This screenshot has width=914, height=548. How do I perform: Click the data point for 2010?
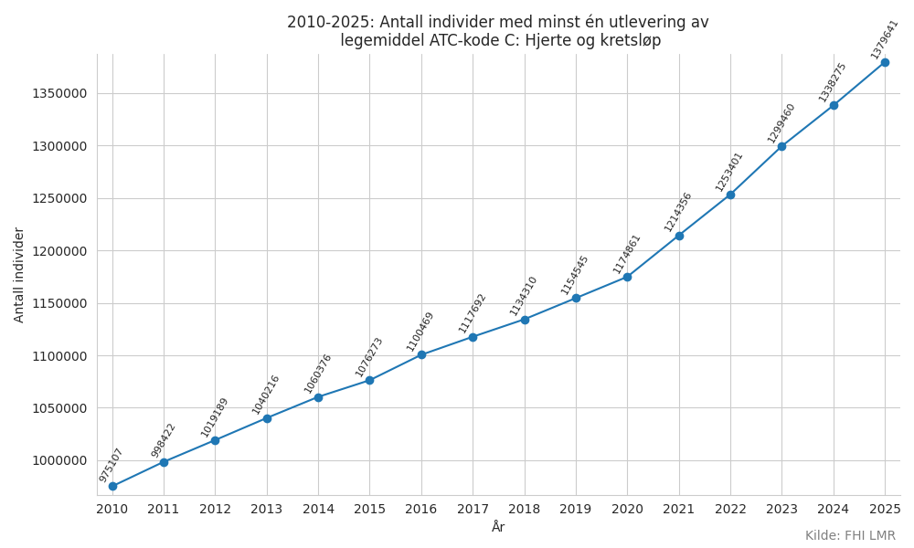pos(112,486)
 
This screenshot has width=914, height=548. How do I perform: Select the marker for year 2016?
pos(421,354)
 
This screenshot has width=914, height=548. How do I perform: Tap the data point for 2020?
pos(627,278)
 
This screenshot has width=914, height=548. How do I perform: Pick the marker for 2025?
pos(885,62)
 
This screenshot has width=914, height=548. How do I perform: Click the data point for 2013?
pos(267,418)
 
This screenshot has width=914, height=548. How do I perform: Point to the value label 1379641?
pos(884,39)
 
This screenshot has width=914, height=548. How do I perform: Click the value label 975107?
pos(111,465)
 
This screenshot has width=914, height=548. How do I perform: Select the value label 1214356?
pos(677,213)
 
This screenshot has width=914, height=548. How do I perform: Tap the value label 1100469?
pos(420,332)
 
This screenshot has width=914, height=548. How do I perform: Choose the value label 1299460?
pos(781,123)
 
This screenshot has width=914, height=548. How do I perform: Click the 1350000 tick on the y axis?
pos(59,94)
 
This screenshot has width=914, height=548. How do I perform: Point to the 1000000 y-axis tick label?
pos(59,460)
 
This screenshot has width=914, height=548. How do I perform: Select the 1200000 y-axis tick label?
pos(59,251)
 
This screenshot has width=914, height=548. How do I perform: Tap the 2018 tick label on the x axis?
pos(524,509)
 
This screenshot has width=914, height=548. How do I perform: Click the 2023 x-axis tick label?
pos(781,509)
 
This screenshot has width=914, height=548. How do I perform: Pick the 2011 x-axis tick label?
pos(164,509)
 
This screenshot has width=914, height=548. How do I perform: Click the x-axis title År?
pos(498,527)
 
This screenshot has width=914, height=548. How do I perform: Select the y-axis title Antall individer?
pos(18,275)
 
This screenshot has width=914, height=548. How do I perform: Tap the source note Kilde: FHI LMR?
pos(850,535)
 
